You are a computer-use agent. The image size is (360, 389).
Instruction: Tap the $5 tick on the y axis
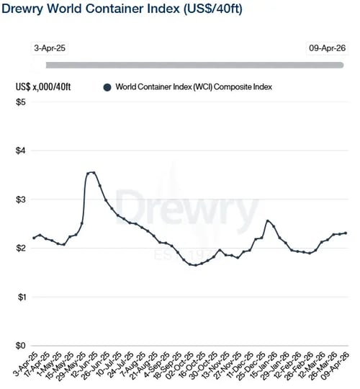click(21, 102)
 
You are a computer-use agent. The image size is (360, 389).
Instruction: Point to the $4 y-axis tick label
click(21, 151)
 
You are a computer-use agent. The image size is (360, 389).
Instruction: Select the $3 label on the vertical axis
click(21, 200)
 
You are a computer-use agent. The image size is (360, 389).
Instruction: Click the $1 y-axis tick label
click(21, 297)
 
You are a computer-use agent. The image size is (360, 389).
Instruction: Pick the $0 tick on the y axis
click(21, 346)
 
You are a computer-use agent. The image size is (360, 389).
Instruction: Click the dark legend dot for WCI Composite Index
click(107, 87)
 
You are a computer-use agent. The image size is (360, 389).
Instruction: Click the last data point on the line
click(346, 233)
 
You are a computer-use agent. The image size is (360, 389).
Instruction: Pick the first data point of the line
click(34, 238)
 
